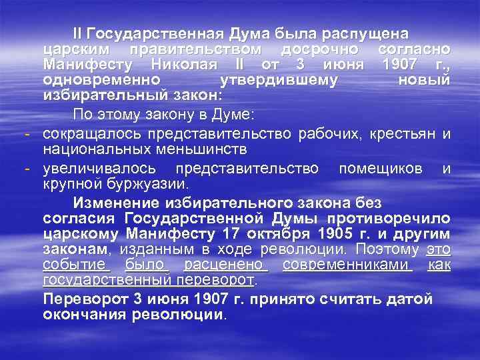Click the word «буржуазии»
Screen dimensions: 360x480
(x=149, y=183)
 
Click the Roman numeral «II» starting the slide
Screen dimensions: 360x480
(x=79, y=33)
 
